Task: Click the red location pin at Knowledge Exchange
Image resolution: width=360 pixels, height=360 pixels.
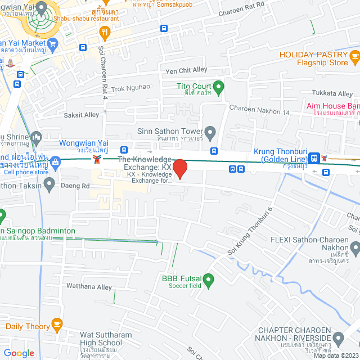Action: tap(179, 169)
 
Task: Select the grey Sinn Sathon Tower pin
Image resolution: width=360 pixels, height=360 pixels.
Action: tap(210, 133)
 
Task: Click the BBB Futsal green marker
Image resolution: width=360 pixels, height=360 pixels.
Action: tap(208, 279)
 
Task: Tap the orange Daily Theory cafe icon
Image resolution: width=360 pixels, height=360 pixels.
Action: tap(56, 324)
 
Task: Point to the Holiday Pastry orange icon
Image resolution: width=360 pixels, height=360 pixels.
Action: tap(354, 56)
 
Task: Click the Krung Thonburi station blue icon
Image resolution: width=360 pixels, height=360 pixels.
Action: tap(317, 159)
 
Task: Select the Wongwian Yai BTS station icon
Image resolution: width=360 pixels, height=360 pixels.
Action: tap(98, 159)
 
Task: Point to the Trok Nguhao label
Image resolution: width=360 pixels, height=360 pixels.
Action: tap(130, 87)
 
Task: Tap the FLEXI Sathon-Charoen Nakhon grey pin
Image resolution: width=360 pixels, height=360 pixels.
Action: tap(355, 247)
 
